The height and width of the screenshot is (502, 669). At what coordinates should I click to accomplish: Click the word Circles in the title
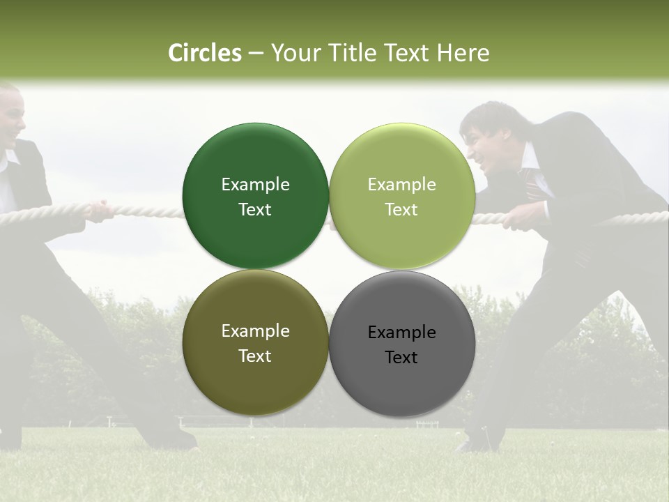coord(204,53)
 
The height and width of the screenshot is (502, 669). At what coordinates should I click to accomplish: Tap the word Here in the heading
coord(463,53)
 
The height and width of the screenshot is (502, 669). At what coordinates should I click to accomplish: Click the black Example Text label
coord(401,344)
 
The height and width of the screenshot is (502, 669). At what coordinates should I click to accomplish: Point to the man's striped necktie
coord(533,183)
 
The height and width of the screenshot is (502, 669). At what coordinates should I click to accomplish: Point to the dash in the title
coord(256,54)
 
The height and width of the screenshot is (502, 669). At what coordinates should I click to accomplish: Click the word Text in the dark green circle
coord(255,210)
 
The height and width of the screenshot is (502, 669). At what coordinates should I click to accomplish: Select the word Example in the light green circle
coord(401,185)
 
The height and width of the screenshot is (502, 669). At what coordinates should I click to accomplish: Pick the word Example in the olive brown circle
coord(255,331)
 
